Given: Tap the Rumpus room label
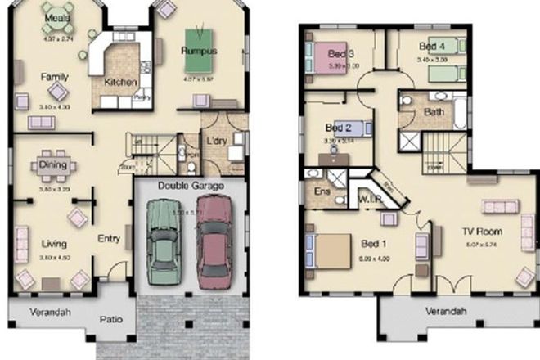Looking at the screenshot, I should coord(198,51).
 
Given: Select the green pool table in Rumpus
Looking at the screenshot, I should coord(199,38).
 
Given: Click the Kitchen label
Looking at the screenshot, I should coord(119,82).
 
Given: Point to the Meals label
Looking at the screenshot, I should coord(56,17).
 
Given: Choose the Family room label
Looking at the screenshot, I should coord(55,76).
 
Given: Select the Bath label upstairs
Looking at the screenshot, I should coord(434,112).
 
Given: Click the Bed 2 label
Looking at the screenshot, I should coord(337,128).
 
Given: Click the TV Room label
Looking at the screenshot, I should coord(482,232).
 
